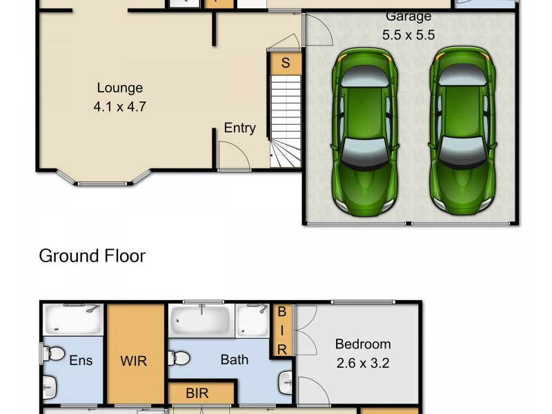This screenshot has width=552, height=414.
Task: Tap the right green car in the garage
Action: coord(461,131)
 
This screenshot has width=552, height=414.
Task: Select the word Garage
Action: coord(408,17)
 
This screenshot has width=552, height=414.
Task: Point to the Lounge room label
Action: coord(119,88)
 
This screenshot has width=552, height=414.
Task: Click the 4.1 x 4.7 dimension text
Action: coord(119,107)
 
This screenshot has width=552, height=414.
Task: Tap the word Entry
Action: coord(239,128)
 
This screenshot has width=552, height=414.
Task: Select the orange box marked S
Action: coord(285,63)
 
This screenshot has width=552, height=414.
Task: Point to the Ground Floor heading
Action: coord(92,256)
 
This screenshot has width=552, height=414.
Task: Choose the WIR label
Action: coord(134,361)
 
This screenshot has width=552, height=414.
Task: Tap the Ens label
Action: coord(81,360)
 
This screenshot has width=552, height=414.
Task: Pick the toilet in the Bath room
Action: coord(181,358)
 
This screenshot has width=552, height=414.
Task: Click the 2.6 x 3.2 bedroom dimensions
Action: coord(362,362)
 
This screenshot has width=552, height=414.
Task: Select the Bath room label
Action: coord(234,359)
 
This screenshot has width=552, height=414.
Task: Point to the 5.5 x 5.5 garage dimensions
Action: coord(408,34)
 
